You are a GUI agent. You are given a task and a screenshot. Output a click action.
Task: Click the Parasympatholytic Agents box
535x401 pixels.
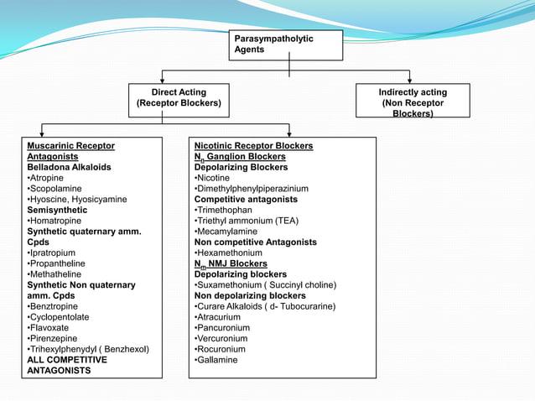click(286, 44)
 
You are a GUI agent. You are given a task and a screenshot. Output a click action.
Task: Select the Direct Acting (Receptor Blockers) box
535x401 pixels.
click(178, 98)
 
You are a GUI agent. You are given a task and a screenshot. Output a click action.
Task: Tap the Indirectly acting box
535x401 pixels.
click(412, 101)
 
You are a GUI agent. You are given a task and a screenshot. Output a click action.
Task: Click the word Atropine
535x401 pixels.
click(47, 178)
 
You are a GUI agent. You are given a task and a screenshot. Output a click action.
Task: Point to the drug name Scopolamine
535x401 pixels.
click(55, 189)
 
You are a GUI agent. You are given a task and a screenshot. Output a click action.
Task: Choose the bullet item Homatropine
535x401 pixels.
click(56, 221)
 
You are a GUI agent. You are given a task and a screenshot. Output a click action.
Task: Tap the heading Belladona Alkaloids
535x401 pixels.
click(69, 167)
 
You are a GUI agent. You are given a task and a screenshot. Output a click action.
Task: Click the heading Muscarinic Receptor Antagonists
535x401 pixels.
click(70, 151)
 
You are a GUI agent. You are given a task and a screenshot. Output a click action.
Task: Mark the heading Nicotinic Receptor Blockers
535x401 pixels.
click(253, 146)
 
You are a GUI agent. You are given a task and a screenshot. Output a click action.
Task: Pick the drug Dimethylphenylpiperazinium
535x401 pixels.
click(252, 189)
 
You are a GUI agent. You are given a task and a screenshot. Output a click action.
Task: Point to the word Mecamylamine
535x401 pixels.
click(227, 232)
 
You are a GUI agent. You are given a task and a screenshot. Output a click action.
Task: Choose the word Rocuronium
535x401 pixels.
click(221, 349)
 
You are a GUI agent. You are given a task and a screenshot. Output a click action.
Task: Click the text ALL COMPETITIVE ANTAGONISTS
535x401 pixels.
click(67, 365)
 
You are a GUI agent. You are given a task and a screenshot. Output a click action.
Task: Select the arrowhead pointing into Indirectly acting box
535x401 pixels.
click(410, 80)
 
